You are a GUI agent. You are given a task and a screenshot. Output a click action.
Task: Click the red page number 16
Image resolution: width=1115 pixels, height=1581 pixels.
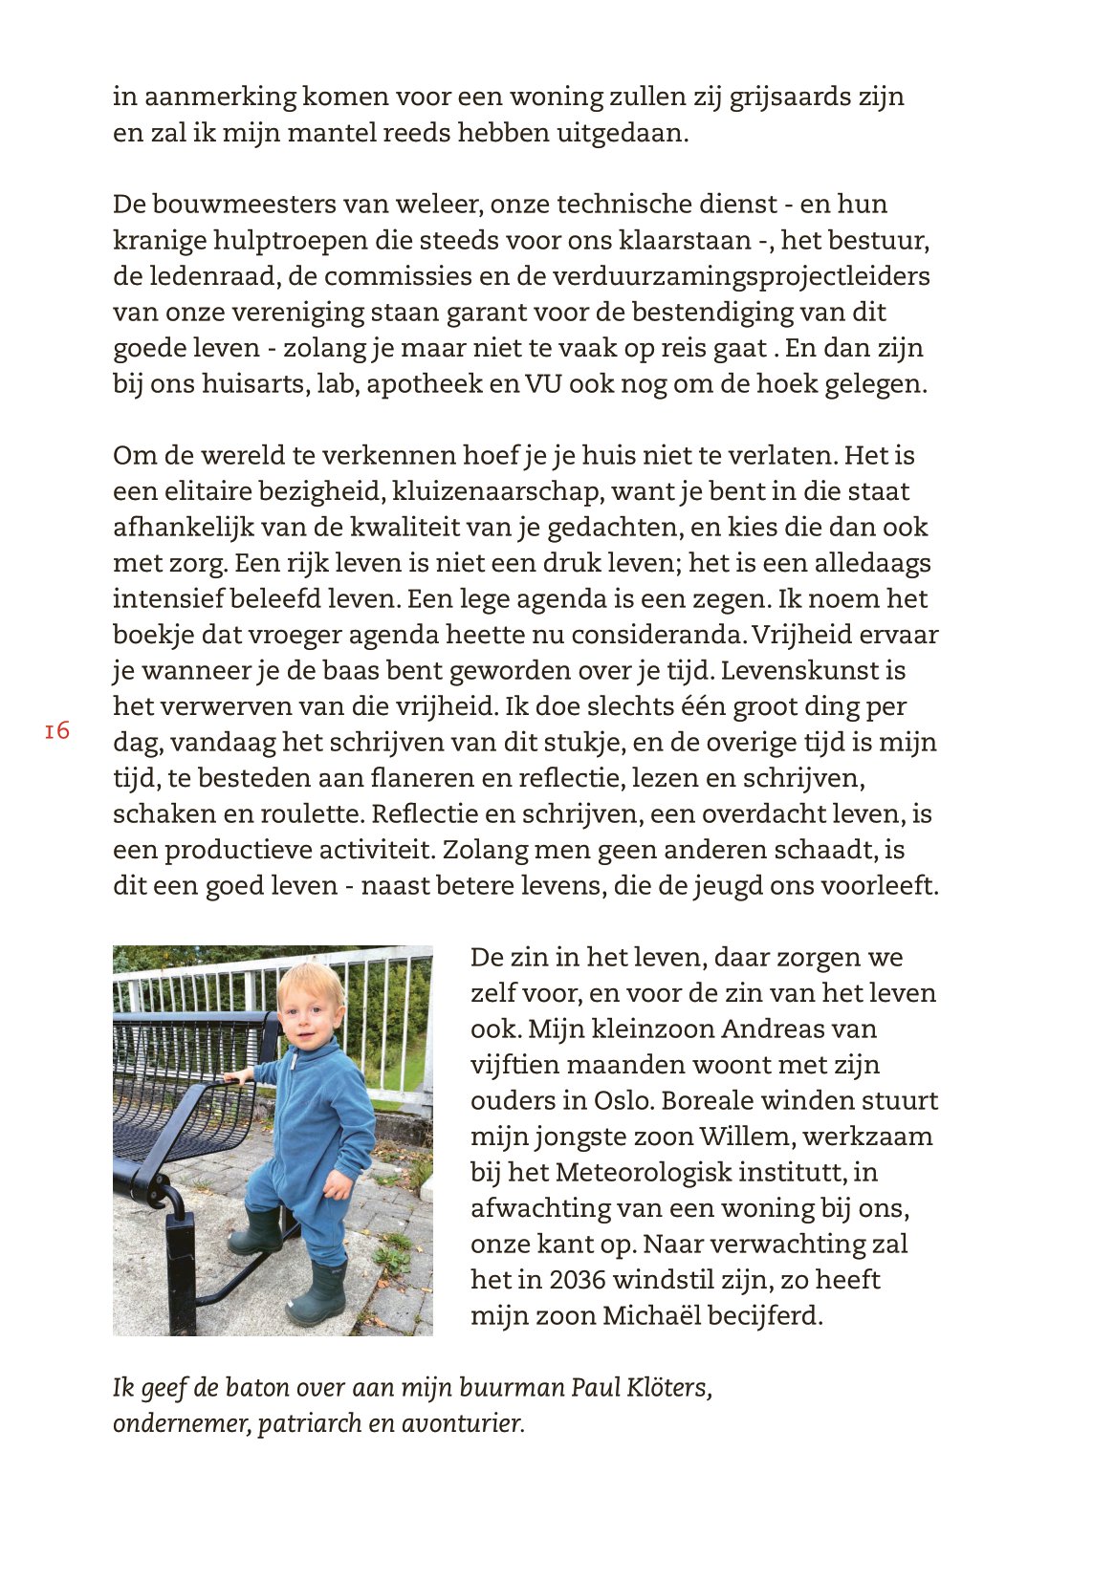click(57, 731)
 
